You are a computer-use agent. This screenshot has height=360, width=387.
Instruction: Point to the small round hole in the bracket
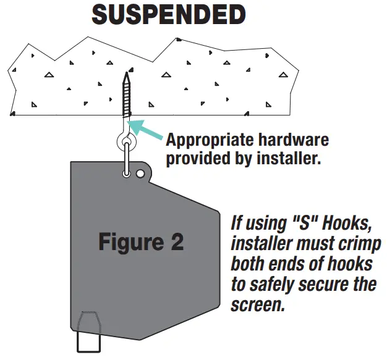tap(140, 174)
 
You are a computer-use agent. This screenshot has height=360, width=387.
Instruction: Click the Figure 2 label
tap(141, 241)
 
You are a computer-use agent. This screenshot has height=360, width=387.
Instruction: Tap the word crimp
tap(354, 243)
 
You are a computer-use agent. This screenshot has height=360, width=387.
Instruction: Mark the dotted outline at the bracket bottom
tap(90, 322)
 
